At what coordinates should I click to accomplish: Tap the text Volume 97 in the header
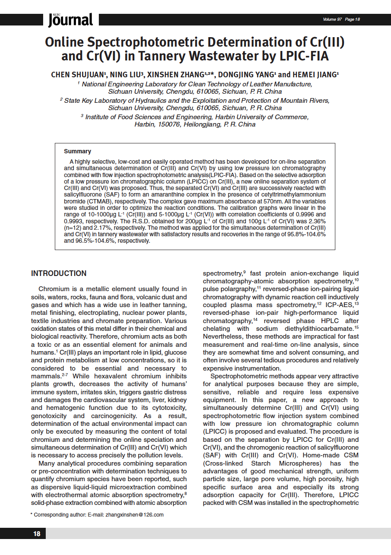pyautogui.click(x=332, y=19)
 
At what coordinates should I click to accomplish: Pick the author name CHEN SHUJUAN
pyautogui.click(x=77, y=75)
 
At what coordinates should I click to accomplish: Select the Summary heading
pyautogui.click(x=77, y=152)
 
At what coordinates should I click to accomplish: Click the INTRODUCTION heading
pyautogui.click(x=59, y=273)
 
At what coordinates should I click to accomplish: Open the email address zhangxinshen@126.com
pyautogui.click(x=135, y=515)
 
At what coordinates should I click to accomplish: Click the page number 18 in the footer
pyautogui.click(x=37, y=534)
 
